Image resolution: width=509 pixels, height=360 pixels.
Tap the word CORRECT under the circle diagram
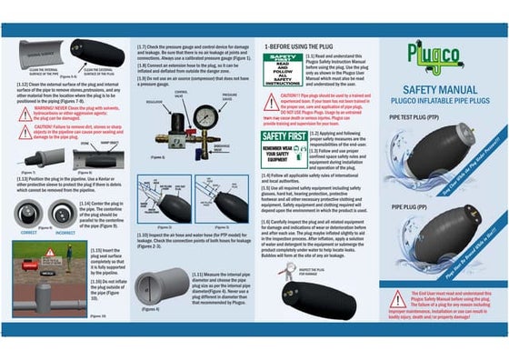pos(27,231)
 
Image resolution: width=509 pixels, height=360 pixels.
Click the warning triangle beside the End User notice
pos(397,299)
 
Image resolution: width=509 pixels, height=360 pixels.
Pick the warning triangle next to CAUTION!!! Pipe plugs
pos(270,97)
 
